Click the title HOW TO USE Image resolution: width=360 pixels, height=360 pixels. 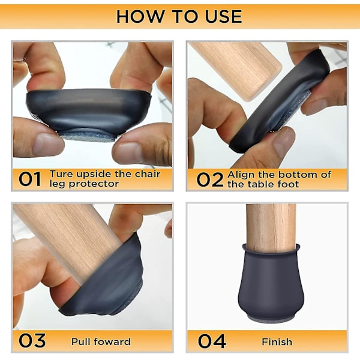click(x=179, y=17)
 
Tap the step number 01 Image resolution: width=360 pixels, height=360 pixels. click(x=30, y=179)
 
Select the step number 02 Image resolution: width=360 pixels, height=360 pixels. click(x=210, y=179)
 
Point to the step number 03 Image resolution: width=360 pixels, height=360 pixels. click(x=32, y=340)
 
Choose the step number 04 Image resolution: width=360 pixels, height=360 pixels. click(x=212, y=341)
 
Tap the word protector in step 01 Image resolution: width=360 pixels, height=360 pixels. click(x=94, y=184)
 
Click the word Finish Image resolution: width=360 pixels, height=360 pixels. click(x=277, y=342)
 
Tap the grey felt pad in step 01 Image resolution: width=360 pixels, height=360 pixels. click(x=88, y=136)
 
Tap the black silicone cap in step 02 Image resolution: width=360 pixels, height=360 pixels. click(x=280, y=101)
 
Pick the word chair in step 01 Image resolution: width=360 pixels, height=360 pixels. click(x=148, y=174)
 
